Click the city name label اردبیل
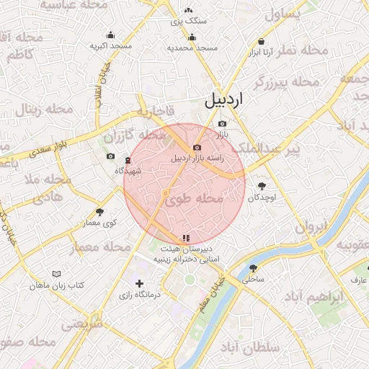[225, 99]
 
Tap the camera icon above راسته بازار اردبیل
[196, 147]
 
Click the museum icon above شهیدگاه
[128, 160]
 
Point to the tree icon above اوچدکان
[261, 187]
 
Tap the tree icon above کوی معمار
[99, 212]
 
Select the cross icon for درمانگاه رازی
[140, 284]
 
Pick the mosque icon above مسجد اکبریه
[110, 35]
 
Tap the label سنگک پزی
[189, 22]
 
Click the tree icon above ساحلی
[254, 267]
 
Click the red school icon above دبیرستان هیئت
[186, 236]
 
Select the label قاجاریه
[152, 112]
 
